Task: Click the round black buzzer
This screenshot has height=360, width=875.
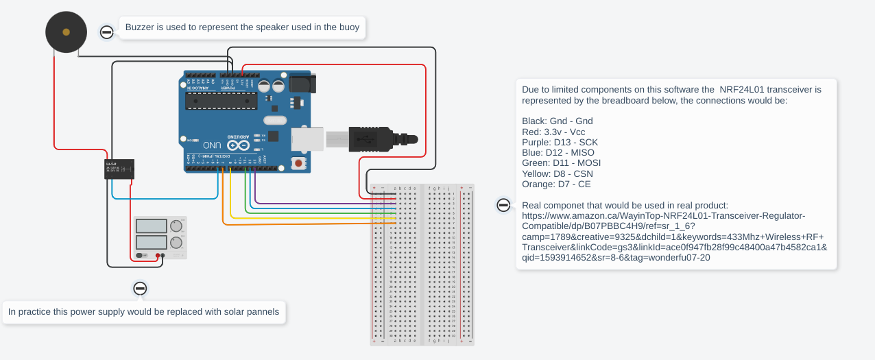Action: point(66,32)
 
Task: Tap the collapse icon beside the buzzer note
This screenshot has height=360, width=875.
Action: point(107,32)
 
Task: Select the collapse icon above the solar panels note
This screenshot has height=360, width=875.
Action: point(140,289)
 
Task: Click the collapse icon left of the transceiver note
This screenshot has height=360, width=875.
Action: point(503,205)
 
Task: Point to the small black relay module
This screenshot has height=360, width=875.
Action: point(119,169)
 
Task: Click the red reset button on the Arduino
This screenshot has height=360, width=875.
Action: point(298,163)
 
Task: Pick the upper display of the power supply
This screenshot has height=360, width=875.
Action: point(152,226)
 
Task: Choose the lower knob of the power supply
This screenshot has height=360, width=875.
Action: point(176,243)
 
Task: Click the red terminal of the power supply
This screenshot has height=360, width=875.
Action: point(158,256)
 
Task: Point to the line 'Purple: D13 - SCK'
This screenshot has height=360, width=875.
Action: point(560,142)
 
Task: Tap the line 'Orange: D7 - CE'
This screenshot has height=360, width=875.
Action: point(556,184)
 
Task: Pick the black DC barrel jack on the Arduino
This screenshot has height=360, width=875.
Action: point(302,83)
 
